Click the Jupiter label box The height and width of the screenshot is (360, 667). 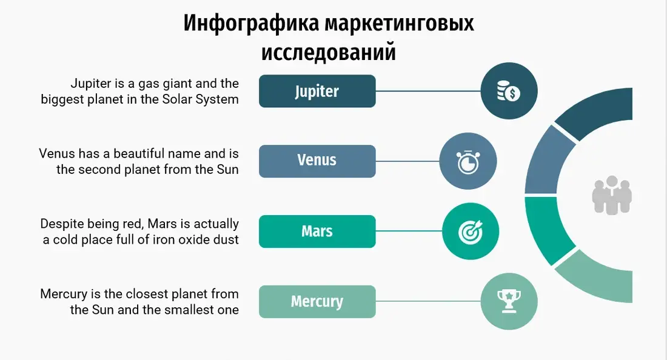[x=317, y=91]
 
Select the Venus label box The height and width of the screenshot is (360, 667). [x=317, y=161]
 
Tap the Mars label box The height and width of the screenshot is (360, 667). [x=317, y=232]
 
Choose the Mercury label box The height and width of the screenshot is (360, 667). [x=317, y=301]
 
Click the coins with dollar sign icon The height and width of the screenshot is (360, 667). [x=509, y=91]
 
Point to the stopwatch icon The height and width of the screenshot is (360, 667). [x=468, y=161]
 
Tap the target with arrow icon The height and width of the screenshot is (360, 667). [x=471, y=232]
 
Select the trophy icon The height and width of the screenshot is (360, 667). [x=509, y=301]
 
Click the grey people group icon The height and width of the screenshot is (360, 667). [x=612, y=195]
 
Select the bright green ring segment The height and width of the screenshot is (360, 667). [x=546, y=230]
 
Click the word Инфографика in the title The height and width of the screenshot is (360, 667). [x=252, y=23]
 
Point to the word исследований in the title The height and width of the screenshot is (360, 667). [x=329, y=52]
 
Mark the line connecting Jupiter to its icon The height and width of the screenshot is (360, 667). [x=428, y=91]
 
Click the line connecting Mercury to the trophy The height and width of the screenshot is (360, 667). [x=428, y=301]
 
